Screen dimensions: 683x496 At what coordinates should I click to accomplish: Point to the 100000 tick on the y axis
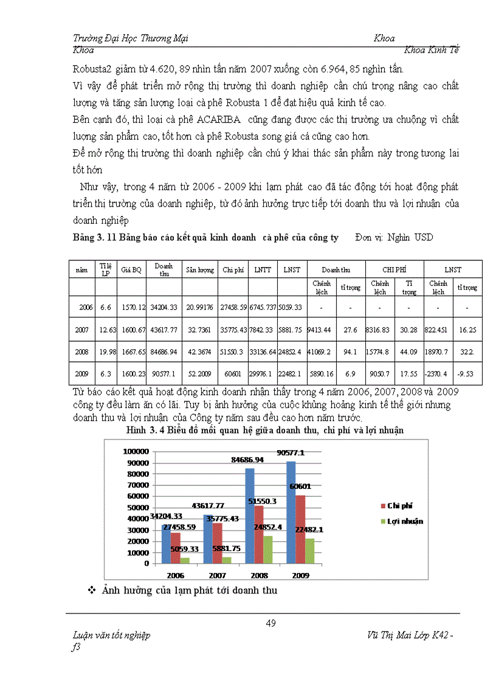(136, 451)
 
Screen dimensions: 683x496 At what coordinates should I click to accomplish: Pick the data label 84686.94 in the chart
(251, 460)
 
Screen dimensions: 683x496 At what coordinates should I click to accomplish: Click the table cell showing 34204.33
(164, 308)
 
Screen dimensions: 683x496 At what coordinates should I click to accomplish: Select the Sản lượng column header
(200, 269)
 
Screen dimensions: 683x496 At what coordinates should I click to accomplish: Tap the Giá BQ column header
(131, 269)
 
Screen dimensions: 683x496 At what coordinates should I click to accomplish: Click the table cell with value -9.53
(467, 373)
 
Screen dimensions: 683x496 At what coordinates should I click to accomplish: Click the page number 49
(271, 622)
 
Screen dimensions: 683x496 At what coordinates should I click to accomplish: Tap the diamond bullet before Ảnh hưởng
(92, 590)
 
